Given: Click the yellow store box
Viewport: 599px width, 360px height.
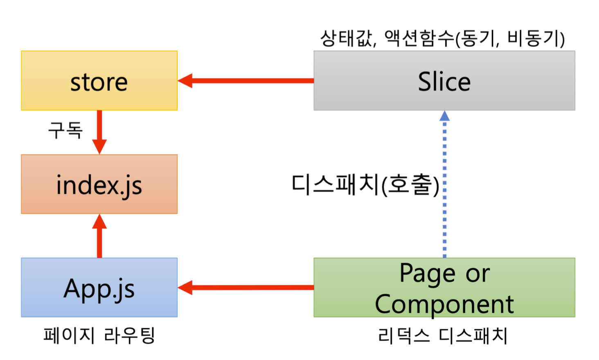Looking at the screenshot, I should click(x=99, y=81).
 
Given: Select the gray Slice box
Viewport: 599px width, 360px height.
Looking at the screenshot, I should click(x=444, y=81).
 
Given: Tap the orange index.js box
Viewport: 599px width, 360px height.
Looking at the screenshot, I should click(x=99, y=184).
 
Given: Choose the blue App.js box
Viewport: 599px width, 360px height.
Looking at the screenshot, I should click(x=99, y=288).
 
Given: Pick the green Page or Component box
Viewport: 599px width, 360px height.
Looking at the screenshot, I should click(x=444, y=288).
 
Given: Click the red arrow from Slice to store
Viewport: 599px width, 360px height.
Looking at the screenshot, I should click(x=245, y=81).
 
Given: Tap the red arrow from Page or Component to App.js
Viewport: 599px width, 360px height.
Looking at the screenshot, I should click(x=245, y=288).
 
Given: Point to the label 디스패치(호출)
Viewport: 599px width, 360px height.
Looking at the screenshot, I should click(x=365, y=185).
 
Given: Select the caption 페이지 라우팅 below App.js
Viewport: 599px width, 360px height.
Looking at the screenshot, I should click(x=99, y=335).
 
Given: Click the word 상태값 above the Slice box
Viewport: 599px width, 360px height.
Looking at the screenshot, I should click(x=346, y=38).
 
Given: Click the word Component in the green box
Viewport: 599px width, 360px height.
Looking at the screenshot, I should click(x=444, y=304).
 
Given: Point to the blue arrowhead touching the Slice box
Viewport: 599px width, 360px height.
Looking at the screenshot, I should click(x=445, y=116).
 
